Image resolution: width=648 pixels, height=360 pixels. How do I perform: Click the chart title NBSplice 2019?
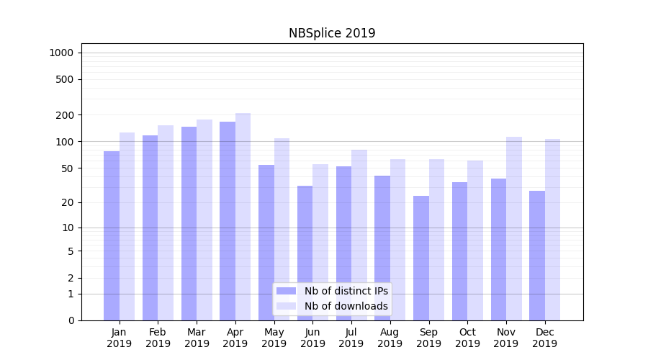[332, 33]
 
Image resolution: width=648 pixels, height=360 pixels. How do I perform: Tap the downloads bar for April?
[243, 216]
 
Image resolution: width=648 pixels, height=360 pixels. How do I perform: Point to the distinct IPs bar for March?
[189, 223]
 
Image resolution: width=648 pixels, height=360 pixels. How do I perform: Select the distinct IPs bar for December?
[537, 256]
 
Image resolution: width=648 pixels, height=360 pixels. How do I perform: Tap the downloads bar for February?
[166, 222]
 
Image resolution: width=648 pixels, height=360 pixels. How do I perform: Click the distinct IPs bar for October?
[460, 251]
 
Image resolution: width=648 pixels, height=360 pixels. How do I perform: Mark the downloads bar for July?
[359, 235]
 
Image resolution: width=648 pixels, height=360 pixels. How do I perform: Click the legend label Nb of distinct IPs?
[346, 291]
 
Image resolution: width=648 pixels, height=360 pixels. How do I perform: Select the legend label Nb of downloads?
[346, 306]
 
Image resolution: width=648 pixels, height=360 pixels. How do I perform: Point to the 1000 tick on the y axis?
[61, 53]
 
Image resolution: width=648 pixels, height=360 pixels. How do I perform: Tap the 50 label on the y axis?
[68, 168]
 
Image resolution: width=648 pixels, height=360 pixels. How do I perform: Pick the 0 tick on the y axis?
[71, 320]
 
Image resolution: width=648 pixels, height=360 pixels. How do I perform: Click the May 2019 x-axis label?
[274, 338]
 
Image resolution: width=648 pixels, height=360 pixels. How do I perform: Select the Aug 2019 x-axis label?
[390, 338]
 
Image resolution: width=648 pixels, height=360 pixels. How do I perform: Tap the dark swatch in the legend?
[286, 291]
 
